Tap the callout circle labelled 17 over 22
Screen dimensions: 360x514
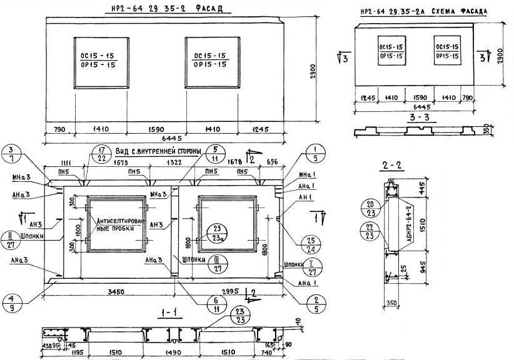(x=101, y=153)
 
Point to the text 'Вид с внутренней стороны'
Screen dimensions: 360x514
(x=159, y=152)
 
